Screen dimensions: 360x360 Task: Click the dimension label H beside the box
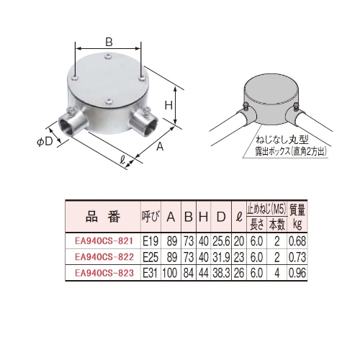(168, 105)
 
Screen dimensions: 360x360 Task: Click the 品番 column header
(99, 216)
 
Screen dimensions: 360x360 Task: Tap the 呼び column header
(150, 216)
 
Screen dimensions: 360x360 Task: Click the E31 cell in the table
(150, 272)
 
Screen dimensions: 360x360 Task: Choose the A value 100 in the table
(171, 272)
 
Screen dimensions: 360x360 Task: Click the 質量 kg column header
(298, 216)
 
